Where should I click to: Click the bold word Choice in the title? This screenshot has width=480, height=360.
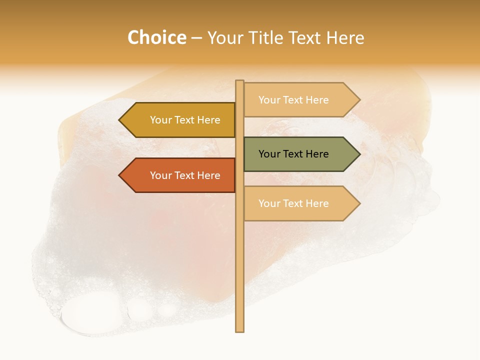coord(156,38)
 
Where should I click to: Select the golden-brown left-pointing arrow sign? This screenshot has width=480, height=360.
coord(180,120)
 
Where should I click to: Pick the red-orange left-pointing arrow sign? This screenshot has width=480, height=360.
coord(180,175)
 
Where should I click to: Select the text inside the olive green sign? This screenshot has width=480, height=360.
coord(293,154)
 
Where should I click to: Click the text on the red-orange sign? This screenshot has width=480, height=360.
coord(185,175)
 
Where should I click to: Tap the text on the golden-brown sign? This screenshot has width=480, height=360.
coord(185,120)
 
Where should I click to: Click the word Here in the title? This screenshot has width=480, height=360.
coord(345,38)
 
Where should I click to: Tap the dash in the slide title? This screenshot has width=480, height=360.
coord(196,38)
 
